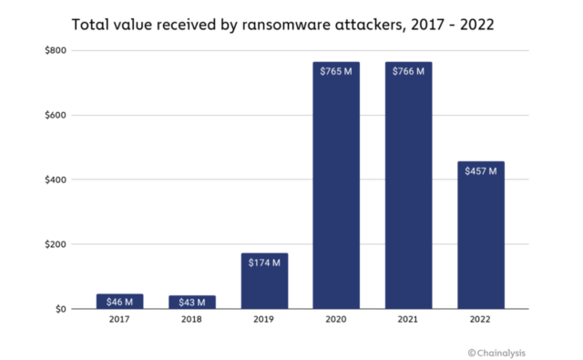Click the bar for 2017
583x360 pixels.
pyautogui.click(x=120, y=301)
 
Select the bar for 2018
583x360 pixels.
pyautogui.click(x=192, y=302)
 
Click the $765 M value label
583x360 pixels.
pyautogui.click(x=336, y=71)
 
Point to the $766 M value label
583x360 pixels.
pyautogui.click(x=408, y=71)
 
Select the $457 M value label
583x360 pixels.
pyautogui.click(x=480, y=170)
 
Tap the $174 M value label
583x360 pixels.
pyautogui.click(x=264, y=262)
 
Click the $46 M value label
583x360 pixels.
pyautogui.click(x=120, y=301)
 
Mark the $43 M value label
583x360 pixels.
pyautogui.click(x=192, y=302)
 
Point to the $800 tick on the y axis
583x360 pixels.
pyautogui.click(x=55, y=50)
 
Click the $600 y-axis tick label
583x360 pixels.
pyautogui.click(x=55, y=115)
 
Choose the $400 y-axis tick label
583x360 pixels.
pyautogui.click(x=55, y=180)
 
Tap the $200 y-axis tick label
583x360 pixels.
pyautogui.click(x=55, y=244)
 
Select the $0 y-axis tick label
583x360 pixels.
pyautogui.click(x=59, y=309)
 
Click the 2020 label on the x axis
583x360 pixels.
pyautogui.click(x=336, y=321)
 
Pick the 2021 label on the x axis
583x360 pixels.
pyautogui.click(x=408, y=321)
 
